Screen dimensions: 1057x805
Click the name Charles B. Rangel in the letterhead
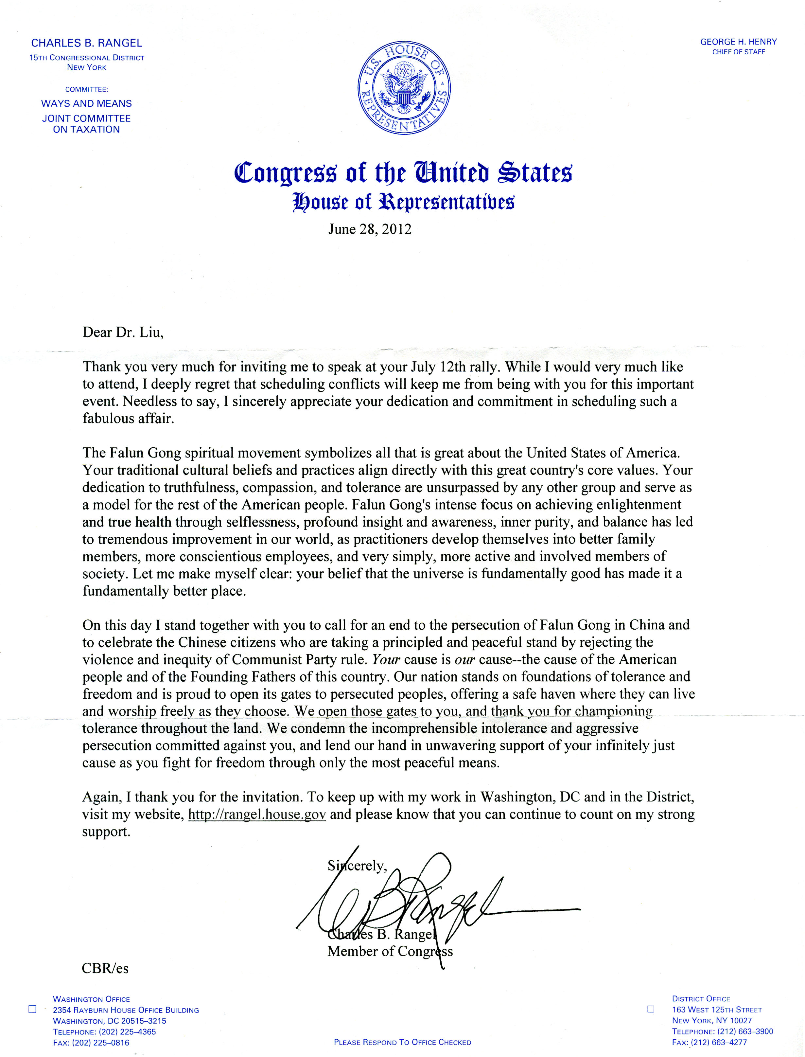click(87, 43)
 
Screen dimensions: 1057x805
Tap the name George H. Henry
click(738, 42)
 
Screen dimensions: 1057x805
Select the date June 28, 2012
click(369, 229)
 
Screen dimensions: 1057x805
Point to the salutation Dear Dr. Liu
click(123, 332)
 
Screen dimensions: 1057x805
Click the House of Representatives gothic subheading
click(403, 202)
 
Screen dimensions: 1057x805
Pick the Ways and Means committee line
click(86, 103)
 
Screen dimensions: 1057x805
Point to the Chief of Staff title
click(738, 52)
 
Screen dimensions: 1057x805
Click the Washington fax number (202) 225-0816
click(91, 1043)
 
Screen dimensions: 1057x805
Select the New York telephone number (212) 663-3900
click(722, 1031)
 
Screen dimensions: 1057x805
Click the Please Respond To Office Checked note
click(402, 1042)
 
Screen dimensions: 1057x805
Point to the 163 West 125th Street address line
click(717, 1010)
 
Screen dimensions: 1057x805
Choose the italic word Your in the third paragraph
click(386, 660)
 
